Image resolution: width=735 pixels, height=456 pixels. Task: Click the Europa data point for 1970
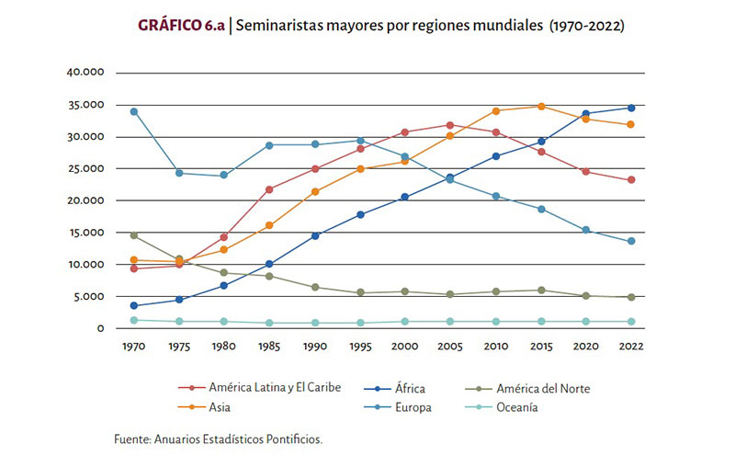134,111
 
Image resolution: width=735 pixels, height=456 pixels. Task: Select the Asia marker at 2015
541,107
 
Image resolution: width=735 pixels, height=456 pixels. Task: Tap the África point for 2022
630,108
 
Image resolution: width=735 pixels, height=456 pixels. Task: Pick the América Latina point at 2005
450,125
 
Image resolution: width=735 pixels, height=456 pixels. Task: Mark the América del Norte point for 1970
134,235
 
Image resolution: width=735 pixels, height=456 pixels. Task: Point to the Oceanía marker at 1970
134,320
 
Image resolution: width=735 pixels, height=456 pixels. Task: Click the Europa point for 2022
630,242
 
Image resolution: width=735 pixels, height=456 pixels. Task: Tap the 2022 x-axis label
631,347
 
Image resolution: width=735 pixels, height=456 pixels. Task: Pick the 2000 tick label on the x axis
405,347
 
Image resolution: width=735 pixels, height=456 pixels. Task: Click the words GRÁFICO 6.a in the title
182,26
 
